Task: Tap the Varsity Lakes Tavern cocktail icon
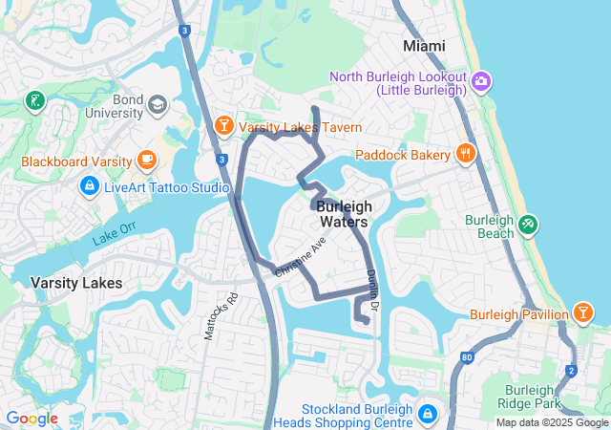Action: pos(223,126)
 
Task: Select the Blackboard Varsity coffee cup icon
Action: pos(146,160)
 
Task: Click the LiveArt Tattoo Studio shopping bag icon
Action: pos(89,184)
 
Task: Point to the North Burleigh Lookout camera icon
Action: pos(480,81)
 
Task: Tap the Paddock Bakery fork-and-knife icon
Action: pos(466,153)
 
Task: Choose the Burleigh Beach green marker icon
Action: pos(527,225)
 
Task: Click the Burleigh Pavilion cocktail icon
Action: pos(581,312)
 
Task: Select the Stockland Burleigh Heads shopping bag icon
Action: pos(428,414)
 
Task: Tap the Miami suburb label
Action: pos(424,45)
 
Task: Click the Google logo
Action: pos(32,419)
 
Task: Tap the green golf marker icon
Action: pos(35,100)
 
